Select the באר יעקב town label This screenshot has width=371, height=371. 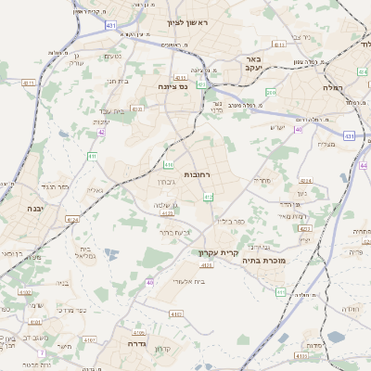(x=256, y=62)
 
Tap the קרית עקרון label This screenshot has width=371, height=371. (x=218, y=252)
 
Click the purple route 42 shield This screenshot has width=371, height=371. (x=100, y=133)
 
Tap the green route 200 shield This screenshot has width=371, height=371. (x=270, y=92)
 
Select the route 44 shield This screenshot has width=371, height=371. (x=363, y=165)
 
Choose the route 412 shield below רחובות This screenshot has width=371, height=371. (x=208, y=197)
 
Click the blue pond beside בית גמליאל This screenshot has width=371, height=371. (x=112, y=253)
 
